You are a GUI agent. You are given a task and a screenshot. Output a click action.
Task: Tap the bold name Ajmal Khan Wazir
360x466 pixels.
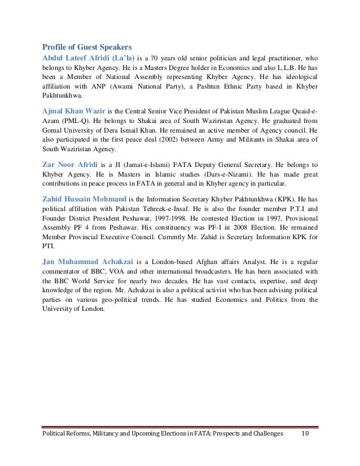coord(77,111)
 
